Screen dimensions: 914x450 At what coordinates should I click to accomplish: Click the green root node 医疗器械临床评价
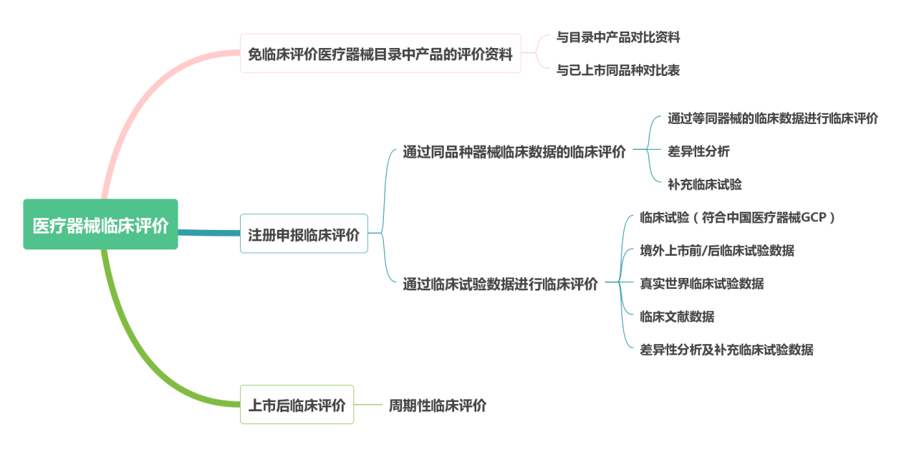click(100, 224)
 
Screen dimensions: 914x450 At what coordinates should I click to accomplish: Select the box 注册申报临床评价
click(304, 234)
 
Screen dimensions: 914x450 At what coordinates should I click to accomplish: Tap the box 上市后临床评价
click(297, 405)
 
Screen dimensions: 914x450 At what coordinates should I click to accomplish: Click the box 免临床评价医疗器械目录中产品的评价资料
click(380, 54)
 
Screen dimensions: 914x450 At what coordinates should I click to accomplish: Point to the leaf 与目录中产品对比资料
click(618, 37)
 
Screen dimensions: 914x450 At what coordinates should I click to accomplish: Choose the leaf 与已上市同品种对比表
click(618, 70)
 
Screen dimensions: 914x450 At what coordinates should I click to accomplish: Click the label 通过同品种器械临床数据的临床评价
click(514, 151)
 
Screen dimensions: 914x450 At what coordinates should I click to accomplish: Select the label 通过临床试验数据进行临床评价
click(500, 284)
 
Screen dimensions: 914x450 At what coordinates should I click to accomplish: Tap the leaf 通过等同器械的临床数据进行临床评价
click(773, 118)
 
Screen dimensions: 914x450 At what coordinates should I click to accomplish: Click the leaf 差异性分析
click(698, 151)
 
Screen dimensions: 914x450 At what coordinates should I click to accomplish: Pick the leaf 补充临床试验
click(705, 185)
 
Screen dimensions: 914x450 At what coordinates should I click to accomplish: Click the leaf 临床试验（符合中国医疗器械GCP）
click(738, 218)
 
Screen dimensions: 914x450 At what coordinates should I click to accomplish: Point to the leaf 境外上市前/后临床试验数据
click(717, 251)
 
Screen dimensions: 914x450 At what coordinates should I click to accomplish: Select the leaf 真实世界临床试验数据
click(702, 284)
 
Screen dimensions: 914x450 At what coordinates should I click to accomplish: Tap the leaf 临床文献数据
click(677, 317)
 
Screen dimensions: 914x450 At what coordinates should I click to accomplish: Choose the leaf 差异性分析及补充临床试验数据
click(726, 350)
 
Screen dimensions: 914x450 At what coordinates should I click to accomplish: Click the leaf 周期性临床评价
click(438, 406)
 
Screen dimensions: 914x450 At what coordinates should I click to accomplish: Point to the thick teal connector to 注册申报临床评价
click(209, 233)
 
